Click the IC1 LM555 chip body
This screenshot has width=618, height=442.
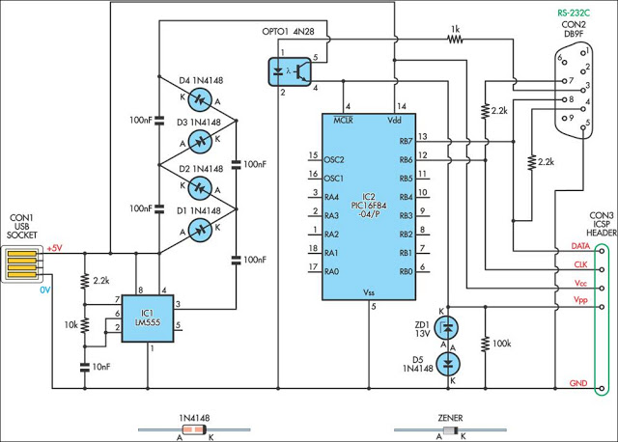click(148, 318)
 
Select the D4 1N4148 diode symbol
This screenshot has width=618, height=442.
click(200, 100)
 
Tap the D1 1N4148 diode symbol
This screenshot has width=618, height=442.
click(200, 230)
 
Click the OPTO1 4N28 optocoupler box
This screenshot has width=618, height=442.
click(290, 71)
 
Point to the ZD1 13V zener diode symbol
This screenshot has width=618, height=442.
click(447, 327)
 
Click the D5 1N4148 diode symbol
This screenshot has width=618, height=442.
click(448, 364)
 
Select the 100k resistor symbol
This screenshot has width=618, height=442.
click(485, 343)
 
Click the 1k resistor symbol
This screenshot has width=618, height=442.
click(455, 39)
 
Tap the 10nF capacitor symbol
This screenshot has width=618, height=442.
click(84, 367)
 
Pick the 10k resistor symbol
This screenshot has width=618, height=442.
click(84, 325)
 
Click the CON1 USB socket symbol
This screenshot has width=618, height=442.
click(21, 264)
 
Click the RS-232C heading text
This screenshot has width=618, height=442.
click(574, 13)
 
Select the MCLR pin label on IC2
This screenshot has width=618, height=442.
click(344, 121)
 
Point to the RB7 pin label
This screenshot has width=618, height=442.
click(406, 142)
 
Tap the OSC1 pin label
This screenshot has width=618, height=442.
click(334, 179)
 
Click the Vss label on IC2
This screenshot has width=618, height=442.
click(369, 292)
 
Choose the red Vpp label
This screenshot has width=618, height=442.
click(580, 300)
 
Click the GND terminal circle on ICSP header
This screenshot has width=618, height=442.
click(602, 388)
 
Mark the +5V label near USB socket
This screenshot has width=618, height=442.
click(54, 248)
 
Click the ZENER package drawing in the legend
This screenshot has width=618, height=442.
click(451, 430)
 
